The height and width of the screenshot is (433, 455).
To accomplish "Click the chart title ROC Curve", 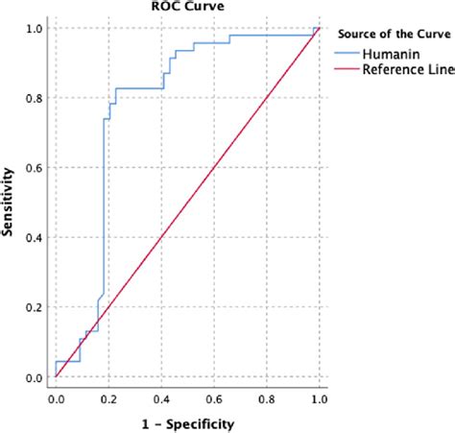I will coord(182,6).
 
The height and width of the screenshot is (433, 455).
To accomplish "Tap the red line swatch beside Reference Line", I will coord(343,70).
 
